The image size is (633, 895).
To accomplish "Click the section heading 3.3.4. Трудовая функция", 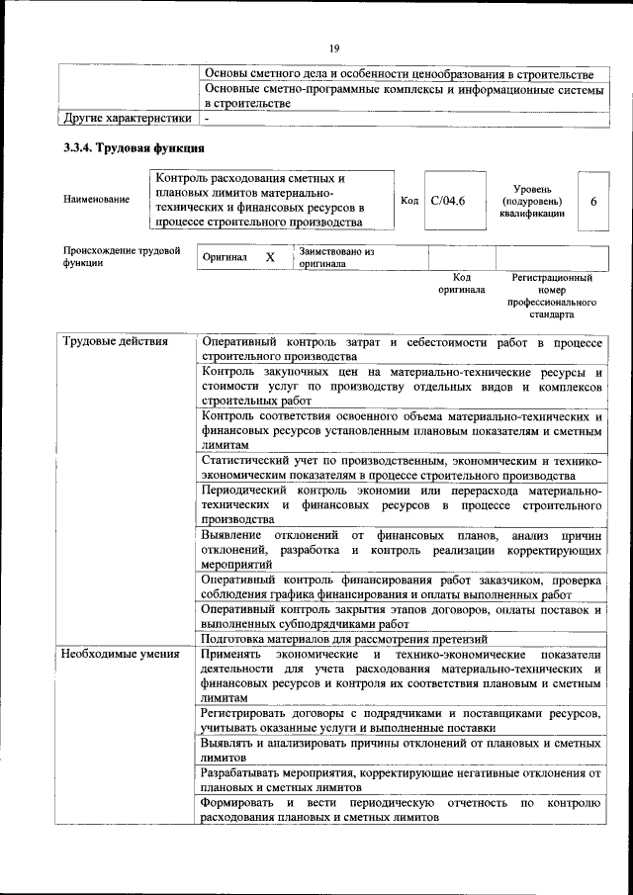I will pos(134,148).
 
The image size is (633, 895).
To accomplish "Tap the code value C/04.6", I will pos(448,201).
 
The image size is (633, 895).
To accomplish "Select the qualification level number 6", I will pos(593,201).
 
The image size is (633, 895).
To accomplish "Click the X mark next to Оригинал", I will pos(269,256).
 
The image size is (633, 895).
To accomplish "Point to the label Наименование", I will pos(96,200).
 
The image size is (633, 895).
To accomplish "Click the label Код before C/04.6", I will pos(409,201).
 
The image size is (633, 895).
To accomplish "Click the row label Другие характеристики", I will pos(127,119).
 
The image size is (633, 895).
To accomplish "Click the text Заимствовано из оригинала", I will pos(336,257).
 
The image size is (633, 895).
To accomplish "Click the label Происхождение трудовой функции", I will pos(121,256).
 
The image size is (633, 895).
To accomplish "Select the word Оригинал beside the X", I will pos(225,257).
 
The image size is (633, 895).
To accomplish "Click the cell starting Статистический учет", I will pos(401,468).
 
